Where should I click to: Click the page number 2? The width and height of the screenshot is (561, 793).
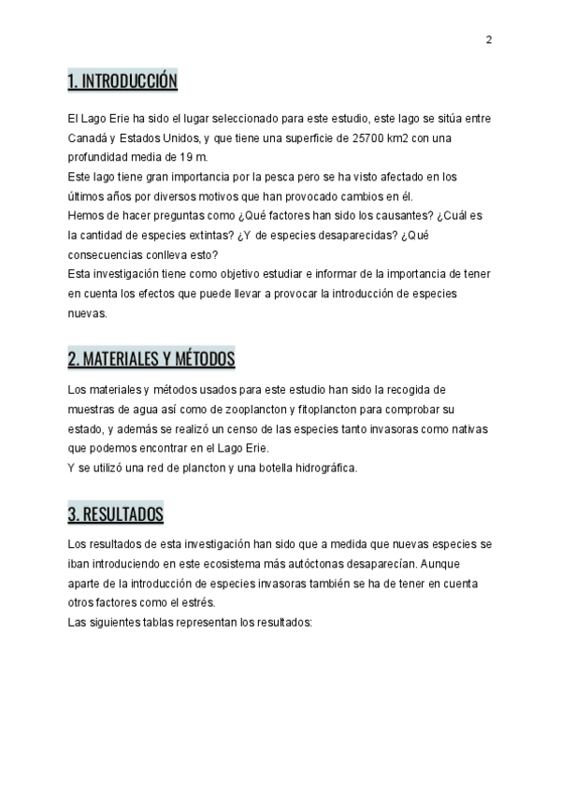pos(489,39)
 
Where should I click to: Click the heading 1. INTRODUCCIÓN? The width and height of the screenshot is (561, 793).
pos(122,82)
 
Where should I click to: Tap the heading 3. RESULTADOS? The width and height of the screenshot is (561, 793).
pos(116,514)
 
